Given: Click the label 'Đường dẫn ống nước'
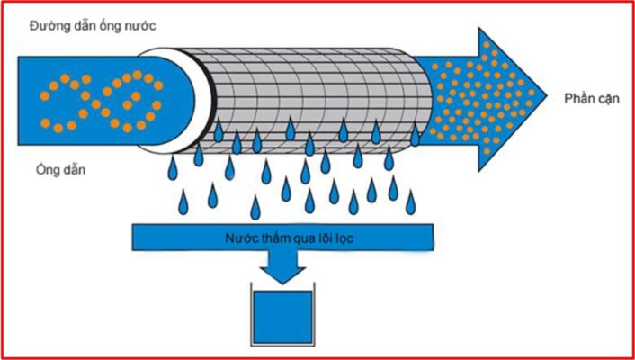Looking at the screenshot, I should coord(87,25).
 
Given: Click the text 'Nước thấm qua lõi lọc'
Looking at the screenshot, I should coord(283,238).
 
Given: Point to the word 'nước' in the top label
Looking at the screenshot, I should coord(143,25).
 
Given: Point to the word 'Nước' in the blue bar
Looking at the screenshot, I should coord(238,238).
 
